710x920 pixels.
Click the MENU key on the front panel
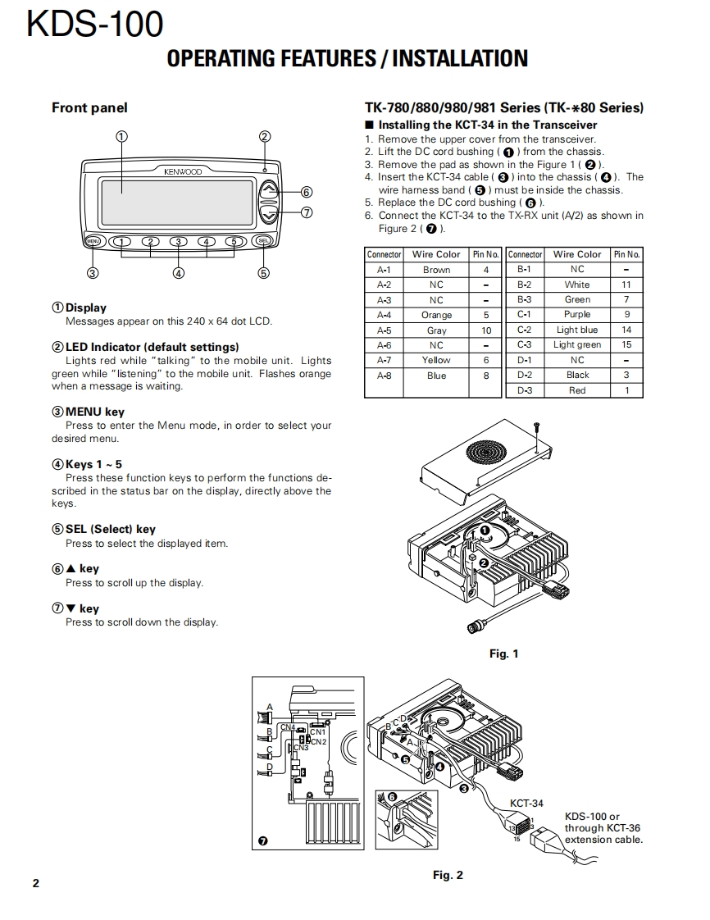point(93,241)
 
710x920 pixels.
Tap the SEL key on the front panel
point(263,241)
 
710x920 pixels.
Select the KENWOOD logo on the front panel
point(183,172)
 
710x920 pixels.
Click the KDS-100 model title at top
point(95,25)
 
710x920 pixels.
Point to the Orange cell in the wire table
point(436,315)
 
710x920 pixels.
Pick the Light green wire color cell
point(577,345)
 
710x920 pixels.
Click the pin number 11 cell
point(626,285)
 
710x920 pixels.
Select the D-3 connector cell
point(525,390)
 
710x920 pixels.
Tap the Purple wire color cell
point(577,315)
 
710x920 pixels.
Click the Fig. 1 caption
point(503,654)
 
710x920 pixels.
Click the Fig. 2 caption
point(448,875)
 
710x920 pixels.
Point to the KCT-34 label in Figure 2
point(526,804)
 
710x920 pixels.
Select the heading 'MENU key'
point(94,412)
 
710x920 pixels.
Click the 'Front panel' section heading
point(89,107)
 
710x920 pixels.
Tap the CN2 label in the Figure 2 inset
point(317,741)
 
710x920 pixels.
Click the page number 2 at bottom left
point(35,883)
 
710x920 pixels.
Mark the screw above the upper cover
point(536,427)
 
